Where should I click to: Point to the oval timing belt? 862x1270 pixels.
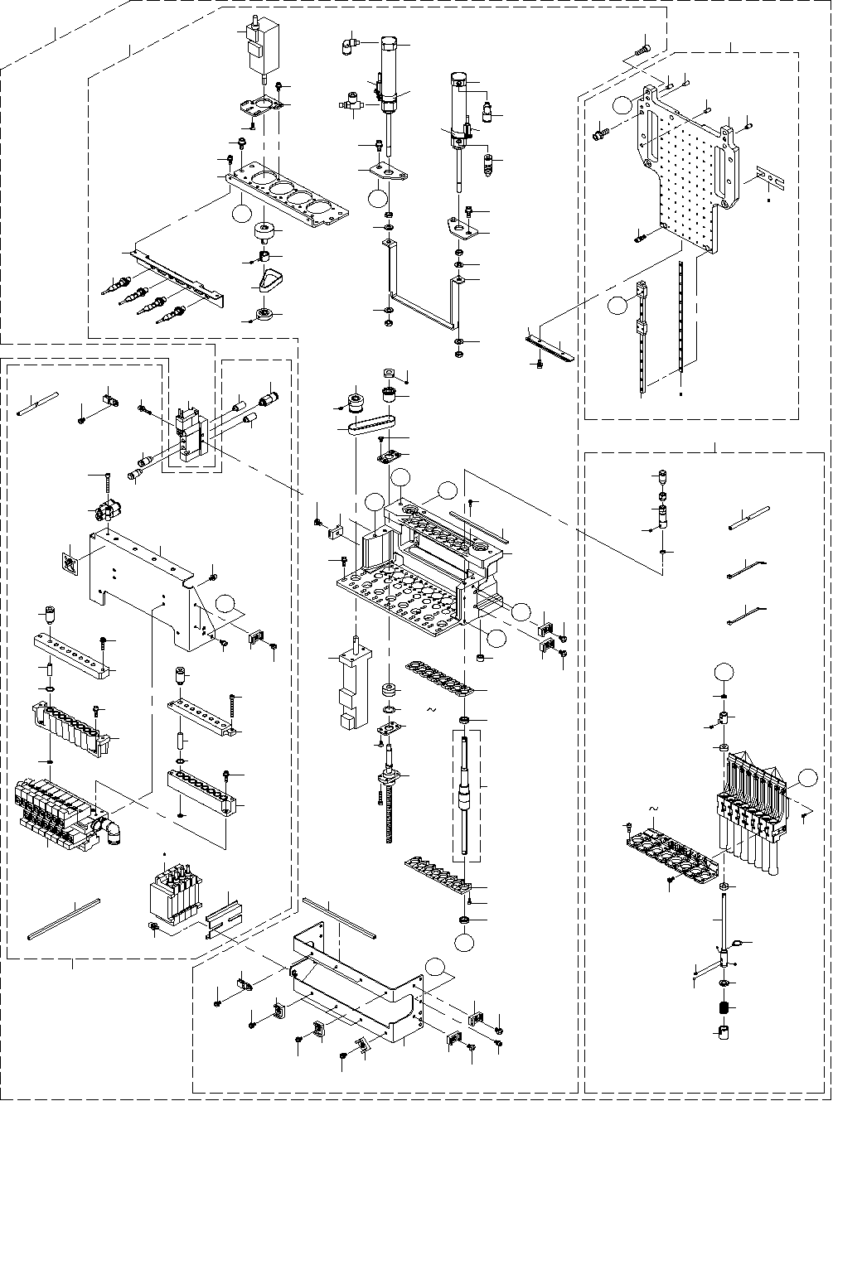363,428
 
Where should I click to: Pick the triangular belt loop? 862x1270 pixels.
269,280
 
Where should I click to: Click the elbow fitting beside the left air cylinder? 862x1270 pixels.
349,46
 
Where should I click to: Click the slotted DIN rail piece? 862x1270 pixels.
222,918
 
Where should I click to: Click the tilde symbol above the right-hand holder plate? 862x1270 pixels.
652,808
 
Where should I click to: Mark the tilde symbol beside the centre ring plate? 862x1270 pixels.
430,710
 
